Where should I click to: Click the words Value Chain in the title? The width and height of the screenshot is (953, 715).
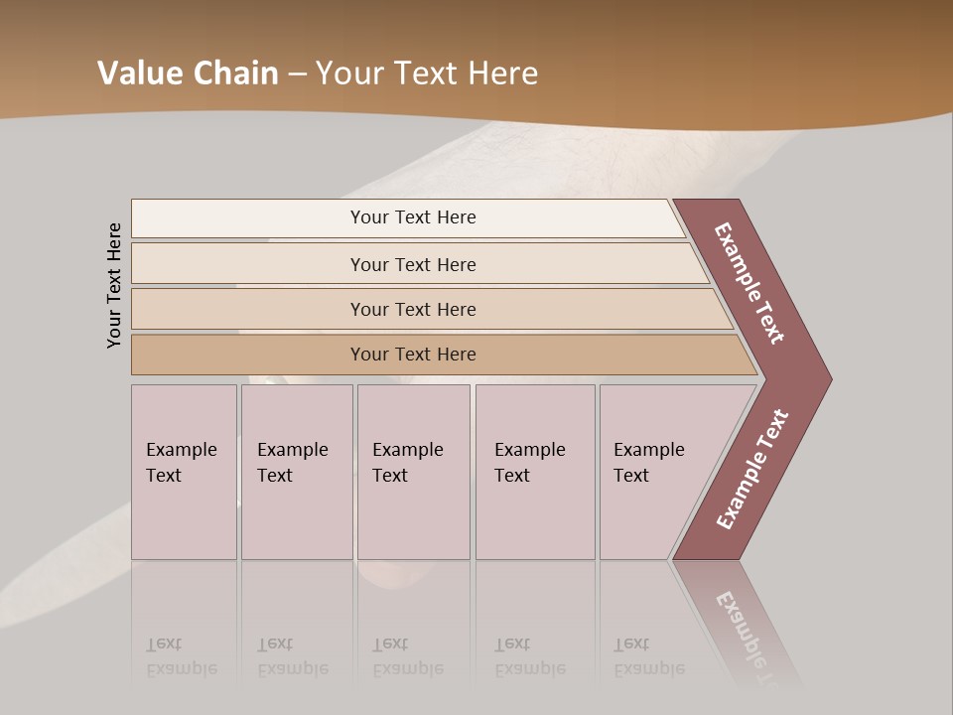pyautogui.click(x=188, y=73)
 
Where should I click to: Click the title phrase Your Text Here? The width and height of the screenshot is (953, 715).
pyautogui.click(x=427, y=73)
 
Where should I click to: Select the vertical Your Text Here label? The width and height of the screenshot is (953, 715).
pyautogui.click(x=114, y=285)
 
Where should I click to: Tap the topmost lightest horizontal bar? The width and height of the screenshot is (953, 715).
pyautogui.click(x=413, y=217)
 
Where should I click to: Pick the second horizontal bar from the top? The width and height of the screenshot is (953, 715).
pyautogui.click(x=413, y=264)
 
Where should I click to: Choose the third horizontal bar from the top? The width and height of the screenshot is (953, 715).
pyautogui.click(x=413, y=309)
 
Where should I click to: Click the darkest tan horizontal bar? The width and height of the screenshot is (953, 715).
pyautogui.click(x=413, y=355)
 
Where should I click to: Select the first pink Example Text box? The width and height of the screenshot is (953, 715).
pyautogui.click(x=184, y=472)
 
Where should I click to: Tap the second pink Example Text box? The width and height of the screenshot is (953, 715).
pyautogui.click(x=297, y=472)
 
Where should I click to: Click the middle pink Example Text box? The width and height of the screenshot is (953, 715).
pyautogui.click(x=413, y=472)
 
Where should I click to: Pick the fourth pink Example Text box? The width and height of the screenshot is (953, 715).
pyautogui.click(x=535, y=472)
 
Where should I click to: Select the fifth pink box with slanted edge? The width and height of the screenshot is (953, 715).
pyautogui.click(x=655, y=472)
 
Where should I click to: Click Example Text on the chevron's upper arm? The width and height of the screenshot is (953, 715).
pyautogui.click(x=749, y=283)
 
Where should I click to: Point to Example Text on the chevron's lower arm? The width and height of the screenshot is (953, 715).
pyautogui.click(x=752, y=470)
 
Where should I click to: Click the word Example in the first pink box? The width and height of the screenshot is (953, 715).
pyautogui.click(x=182, y=450)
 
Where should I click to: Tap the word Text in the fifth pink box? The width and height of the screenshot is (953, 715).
pyautogui.click(x=631, y=476)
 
